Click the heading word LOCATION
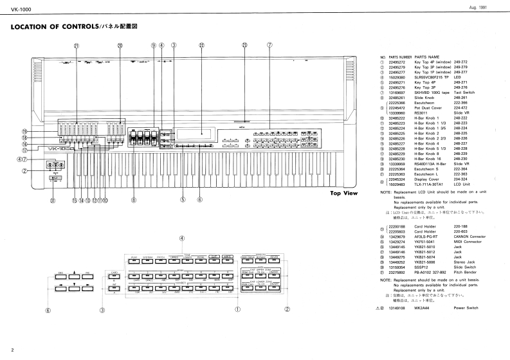(x=37, y=28)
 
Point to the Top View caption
(x=343, y=193)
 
